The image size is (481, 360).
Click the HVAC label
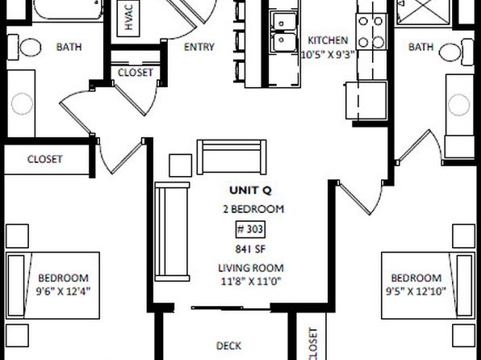[129, 17]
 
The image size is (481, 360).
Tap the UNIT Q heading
[250, 190]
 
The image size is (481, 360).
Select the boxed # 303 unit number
[250, 229]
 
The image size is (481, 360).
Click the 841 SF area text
[250, 249]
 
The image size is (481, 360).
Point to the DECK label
[228, 346]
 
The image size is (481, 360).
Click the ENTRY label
[199, 47]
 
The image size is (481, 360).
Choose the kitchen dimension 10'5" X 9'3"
[328, 55]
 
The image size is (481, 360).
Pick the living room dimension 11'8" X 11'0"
[251, 281]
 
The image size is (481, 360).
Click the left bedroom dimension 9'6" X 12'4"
[64, 291]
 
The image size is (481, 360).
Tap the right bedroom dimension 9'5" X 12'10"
[416, 291]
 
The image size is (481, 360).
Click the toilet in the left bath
[24, 48]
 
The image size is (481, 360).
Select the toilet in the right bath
[456, 52]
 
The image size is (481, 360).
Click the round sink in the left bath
[22, 104]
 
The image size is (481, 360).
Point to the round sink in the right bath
[458, 105]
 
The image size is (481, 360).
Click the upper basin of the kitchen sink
[283, 21]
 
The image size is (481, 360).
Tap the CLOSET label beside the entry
[136, 73]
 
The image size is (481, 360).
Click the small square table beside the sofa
[181, 165]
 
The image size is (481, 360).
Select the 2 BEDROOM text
[253, 209]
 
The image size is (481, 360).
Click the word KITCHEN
[328, 40]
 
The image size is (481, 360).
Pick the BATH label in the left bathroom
[69, 47]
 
